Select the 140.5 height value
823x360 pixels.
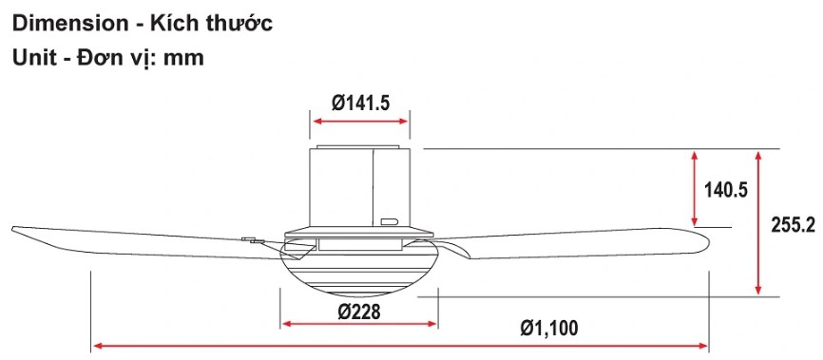726,190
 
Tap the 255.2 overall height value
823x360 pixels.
793,225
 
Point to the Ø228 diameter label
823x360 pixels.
358,311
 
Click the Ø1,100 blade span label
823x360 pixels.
548,329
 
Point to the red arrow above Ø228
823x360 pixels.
358,324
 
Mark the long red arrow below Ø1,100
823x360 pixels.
400,346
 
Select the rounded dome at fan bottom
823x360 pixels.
359,275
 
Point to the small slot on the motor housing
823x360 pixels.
389,222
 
